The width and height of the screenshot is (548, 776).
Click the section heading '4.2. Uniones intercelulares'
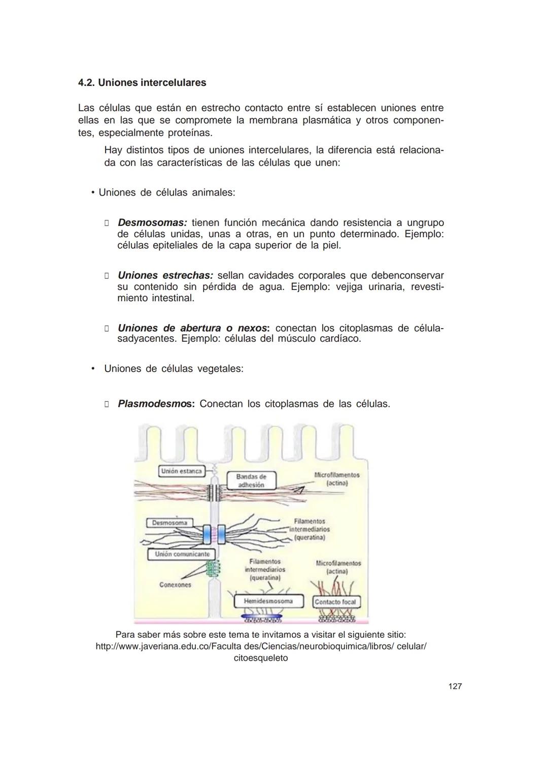tap(142, 83)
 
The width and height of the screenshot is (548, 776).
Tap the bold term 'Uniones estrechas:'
tap(165, 276)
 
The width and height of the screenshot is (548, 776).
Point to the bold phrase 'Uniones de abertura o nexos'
tap(193, 329)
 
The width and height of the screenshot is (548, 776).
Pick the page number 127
tap(455, 687)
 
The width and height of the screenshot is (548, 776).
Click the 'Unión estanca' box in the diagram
tap(181, 471)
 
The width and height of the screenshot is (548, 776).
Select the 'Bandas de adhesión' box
tap(251, 480)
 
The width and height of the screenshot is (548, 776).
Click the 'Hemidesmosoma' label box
tap(268, 601)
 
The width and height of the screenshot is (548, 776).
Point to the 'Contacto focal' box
tap(335, 602)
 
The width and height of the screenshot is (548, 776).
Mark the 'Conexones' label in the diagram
tap(175, 585)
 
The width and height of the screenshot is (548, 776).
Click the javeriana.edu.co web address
tap(261, 646)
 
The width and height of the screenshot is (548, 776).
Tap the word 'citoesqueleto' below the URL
tap(260, 658)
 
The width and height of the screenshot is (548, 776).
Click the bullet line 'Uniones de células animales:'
tap(166, 193)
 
